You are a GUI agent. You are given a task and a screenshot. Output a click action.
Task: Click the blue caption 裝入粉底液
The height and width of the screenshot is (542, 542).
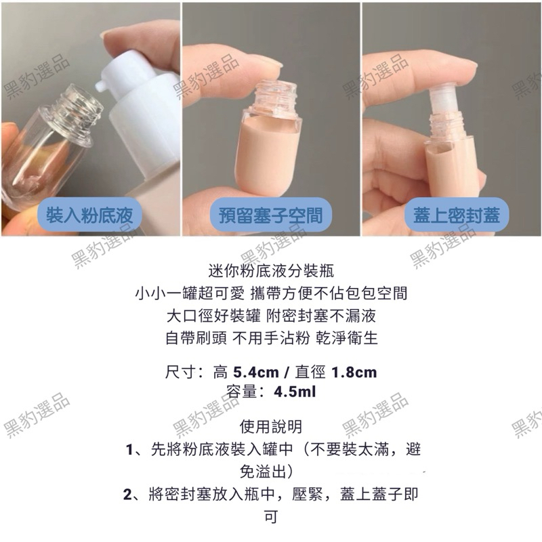pos(89,215)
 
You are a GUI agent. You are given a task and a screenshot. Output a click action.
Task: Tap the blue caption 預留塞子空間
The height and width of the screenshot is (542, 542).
pos(270,215)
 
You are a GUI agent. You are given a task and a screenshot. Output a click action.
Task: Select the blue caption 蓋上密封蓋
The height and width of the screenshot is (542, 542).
pos(456,215)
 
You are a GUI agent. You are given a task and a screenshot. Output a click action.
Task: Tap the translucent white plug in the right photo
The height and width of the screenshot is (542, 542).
pos(446,100)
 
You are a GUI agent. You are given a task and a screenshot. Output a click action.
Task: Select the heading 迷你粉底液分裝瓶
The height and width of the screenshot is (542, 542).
pos(272,270)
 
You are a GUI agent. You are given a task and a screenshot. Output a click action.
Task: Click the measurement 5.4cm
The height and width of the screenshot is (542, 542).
pos(256,373)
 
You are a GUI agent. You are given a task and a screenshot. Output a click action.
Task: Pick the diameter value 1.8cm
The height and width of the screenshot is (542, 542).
pos(354,373)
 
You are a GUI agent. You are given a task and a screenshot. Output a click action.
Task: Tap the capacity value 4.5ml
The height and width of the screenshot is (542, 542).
pos(295,392)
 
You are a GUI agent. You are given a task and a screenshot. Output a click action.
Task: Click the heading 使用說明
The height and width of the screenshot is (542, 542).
pos(271,427)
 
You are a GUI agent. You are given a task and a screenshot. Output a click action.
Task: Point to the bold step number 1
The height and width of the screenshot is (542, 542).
pos(129,450)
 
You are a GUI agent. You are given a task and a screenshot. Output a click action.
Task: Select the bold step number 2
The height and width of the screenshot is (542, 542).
pos(127,495)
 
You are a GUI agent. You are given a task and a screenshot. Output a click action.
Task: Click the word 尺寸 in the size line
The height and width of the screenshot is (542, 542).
pos(180,373)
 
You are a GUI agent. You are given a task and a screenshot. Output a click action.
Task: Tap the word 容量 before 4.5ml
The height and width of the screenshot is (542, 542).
pos(241,392)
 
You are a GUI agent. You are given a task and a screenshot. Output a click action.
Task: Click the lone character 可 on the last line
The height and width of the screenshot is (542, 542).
pos(271,517)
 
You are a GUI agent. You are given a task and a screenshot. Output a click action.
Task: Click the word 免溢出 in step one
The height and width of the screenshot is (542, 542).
pos(264,472)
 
